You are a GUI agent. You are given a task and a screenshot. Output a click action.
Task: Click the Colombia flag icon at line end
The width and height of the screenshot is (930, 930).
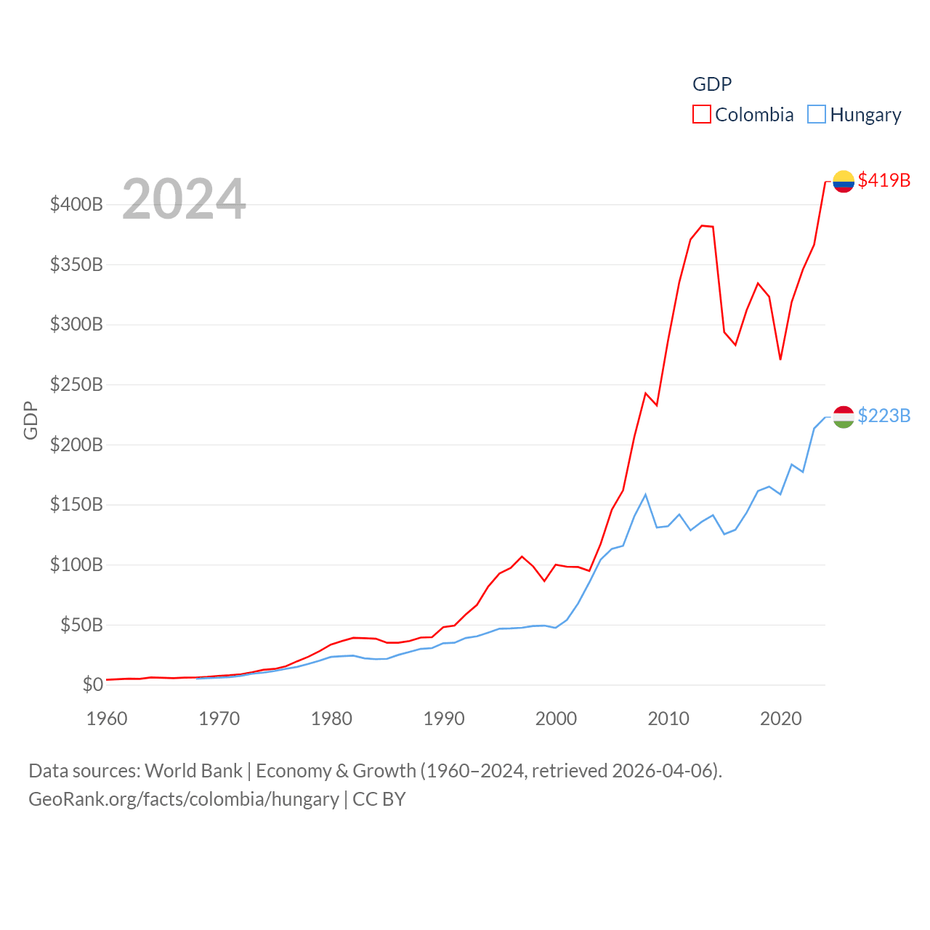(x=843, y=181)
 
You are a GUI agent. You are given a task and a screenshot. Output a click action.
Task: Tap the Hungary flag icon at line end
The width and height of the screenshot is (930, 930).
(x=843, y=416)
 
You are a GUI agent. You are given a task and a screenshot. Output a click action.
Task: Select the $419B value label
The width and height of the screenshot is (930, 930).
(x=883, y=180)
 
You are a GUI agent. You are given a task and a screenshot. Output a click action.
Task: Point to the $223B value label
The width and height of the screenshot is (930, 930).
(x=883, y=416)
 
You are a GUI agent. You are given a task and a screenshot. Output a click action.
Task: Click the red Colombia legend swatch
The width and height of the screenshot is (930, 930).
(x=701, y=114)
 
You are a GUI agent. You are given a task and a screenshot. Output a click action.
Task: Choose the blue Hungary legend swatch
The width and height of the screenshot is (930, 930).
(x=817, y=114)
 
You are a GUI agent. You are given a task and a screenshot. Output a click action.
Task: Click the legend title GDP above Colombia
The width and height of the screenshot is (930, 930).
(x=711, y=84)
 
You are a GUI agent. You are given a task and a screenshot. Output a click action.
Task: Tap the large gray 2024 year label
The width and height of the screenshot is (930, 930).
(x=184, y=199)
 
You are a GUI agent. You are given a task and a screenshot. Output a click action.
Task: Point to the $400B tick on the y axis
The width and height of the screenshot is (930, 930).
(x=76, y=204)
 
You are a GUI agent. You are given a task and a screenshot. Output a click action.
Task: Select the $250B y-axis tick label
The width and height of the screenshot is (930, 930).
(x=76, y=384)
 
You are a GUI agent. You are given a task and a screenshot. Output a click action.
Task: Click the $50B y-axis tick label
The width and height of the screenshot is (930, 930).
(x=81, y=625)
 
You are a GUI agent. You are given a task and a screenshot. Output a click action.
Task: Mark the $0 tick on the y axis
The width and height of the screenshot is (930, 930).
(x=92, y=684)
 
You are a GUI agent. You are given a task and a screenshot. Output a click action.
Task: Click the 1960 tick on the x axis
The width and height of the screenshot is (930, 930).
(x=107, y=719)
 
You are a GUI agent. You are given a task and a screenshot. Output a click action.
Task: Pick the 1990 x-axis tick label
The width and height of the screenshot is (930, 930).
(x=444, y=719)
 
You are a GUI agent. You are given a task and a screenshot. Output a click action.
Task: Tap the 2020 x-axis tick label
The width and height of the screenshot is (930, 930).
(x=780, y=719)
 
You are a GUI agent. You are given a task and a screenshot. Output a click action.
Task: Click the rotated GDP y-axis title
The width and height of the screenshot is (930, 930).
(x=31, y=420)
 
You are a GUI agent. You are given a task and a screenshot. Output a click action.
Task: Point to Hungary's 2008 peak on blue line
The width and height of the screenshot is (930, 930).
(x=645, y=495)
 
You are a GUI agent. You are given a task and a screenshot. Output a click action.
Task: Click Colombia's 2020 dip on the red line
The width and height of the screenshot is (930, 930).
(x=780, y=359)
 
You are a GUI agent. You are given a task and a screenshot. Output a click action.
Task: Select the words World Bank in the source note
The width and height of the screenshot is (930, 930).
(x=193, y=770)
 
